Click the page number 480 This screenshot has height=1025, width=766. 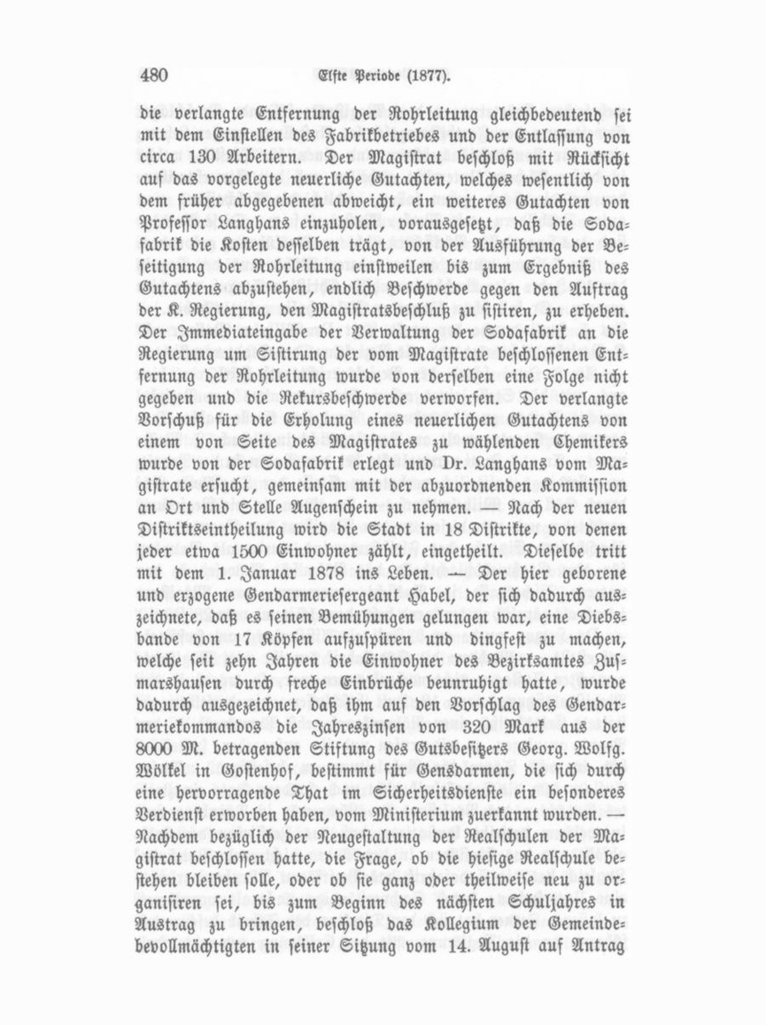(x=154, y=75)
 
